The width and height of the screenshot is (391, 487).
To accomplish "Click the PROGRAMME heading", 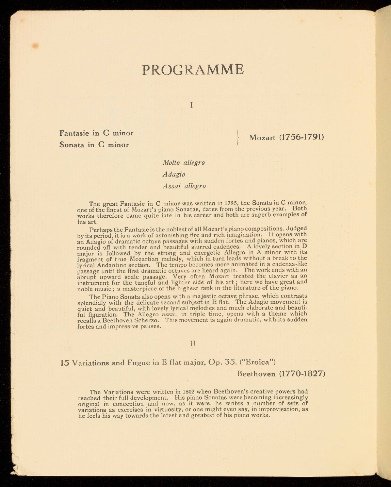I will (x=193, y=69).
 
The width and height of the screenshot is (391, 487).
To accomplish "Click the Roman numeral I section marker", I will (x=192, y=105).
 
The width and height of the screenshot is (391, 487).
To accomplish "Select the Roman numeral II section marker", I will (x=193, y=344).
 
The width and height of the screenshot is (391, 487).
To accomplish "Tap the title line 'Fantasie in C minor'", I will (x=96, y=133).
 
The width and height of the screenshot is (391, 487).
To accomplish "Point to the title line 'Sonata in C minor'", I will (x=94, y=145).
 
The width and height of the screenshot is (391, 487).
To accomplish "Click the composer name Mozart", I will (x=262, y=138).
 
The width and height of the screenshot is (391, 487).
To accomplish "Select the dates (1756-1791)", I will (x=302, y=137).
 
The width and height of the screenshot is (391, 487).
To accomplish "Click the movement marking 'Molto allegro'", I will (x=184, y=163).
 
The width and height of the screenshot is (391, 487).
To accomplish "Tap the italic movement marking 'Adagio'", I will (x=174, y=174).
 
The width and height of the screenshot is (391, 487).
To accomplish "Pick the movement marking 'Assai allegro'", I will (x=184, y=186).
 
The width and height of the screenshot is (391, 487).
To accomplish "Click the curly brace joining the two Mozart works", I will (x=238, y=138).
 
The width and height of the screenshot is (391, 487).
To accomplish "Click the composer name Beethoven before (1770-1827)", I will (x=256, y=374).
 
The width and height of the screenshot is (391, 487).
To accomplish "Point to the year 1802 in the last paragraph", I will (x=188, y=391).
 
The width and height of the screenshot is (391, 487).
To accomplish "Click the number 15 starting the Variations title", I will (x=64, y=363).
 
